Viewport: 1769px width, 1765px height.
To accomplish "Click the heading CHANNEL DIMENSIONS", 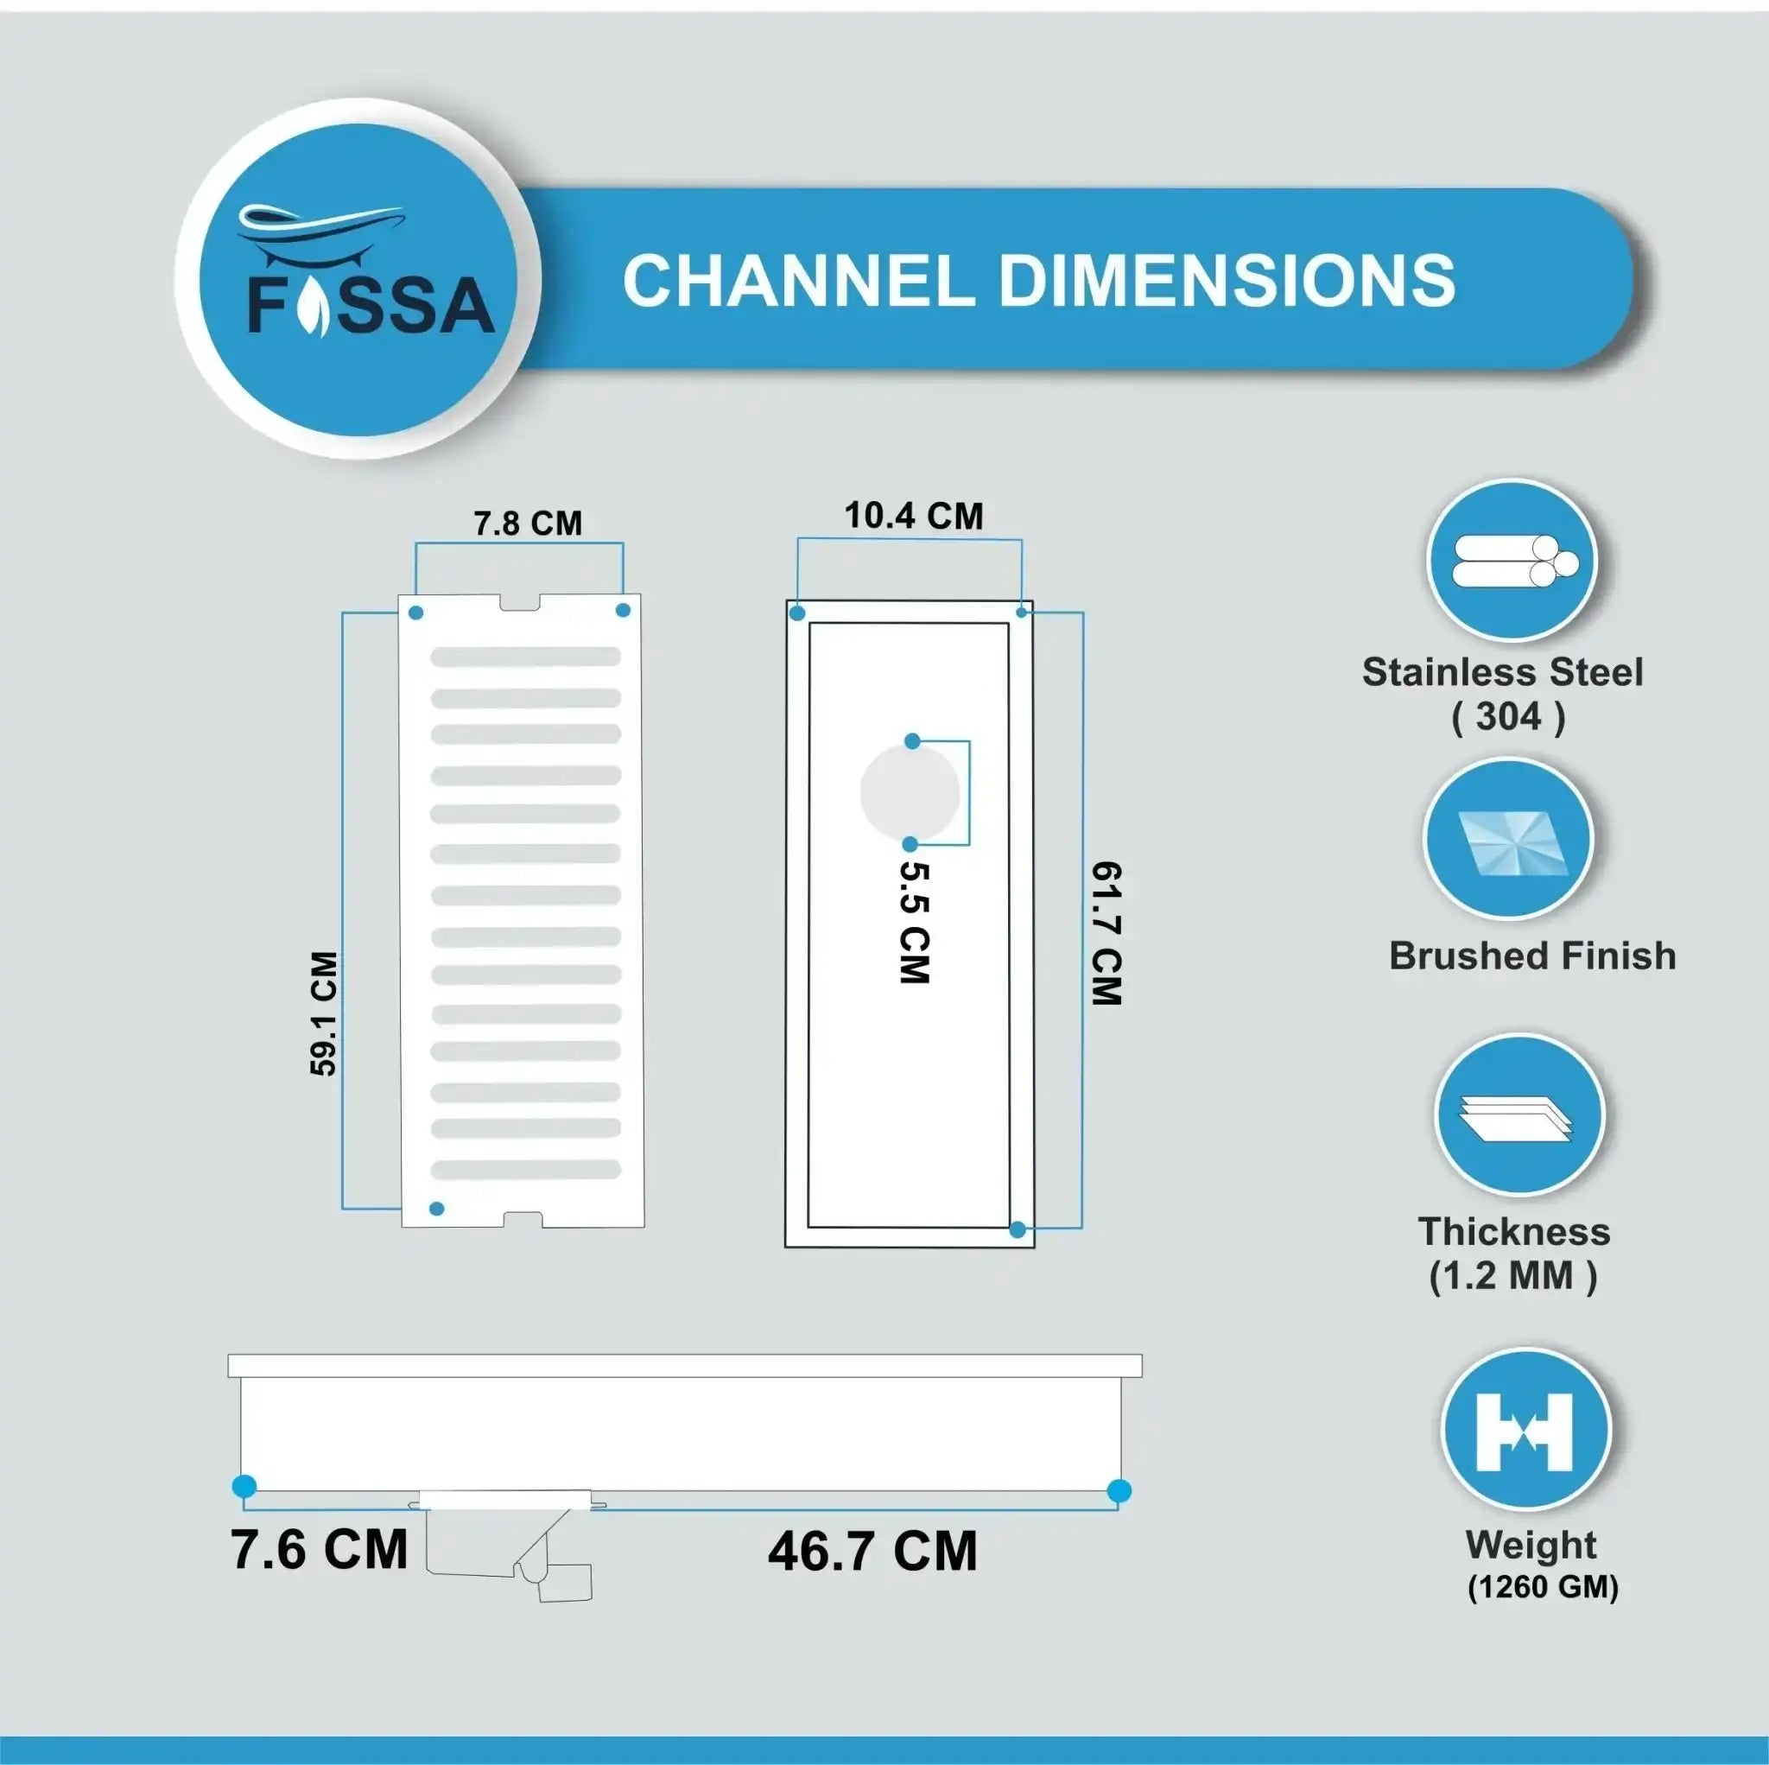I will point(1038,280).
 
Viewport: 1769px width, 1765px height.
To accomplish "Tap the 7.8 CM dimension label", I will point(528,523).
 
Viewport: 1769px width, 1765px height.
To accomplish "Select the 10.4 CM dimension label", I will point(913,516).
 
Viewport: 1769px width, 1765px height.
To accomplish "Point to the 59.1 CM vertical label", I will point(324,1013).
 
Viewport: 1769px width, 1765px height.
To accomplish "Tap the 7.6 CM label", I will point(319,1550).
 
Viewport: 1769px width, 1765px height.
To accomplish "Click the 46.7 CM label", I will point(872,1552).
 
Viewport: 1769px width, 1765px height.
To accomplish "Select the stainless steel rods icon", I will point(1512,561).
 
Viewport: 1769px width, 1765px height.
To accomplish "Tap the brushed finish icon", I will point(1508,840).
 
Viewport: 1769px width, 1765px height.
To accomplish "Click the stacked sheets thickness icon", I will point(1519,1116).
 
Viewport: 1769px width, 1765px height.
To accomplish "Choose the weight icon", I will point(1525,1430).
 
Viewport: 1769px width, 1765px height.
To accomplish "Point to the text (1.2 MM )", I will point(1512,1276).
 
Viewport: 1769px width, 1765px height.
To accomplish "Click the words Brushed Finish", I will point(1531,956).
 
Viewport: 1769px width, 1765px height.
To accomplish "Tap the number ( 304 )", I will point(1508,716).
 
